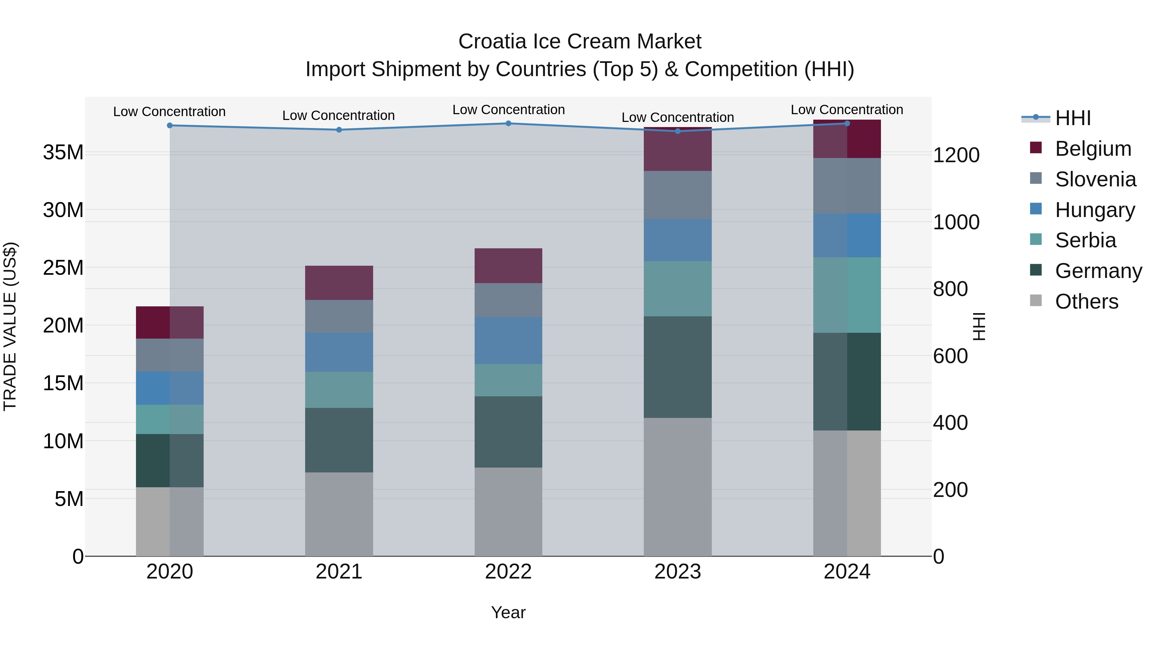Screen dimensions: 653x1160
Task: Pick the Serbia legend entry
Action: pyautogui.click(x=1085, y=240)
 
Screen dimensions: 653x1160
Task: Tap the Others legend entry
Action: pyautogui.click(x=1086, y=302)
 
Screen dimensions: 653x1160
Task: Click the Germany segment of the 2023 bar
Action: pyautogui.click(x=677, y=367)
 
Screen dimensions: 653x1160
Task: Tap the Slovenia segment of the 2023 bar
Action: pyautogui.click(x=677, y=195)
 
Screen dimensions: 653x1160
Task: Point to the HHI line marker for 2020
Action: pyautogui.click(x=170, y=125)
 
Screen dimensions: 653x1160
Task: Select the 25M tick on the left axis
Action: pyautogui.click(x=63, y=268)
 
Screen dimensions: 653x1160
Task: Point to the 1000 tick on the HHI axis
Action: pyautogui.click(x=956, y=222)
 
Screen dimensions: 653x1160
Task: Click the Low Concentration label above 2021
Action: pyautogui.click(x=339, y=115)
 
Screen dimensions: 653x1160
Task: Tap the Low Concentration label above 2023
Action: pyautogui.click(x=677, y=117)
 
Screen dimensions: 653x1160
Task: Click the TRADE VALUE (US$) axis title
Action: pyautogui.click(x=10, y=326)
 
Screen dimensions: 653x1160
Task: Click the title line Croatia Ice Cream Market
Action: pyautogui.click(x=580, y=42)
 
